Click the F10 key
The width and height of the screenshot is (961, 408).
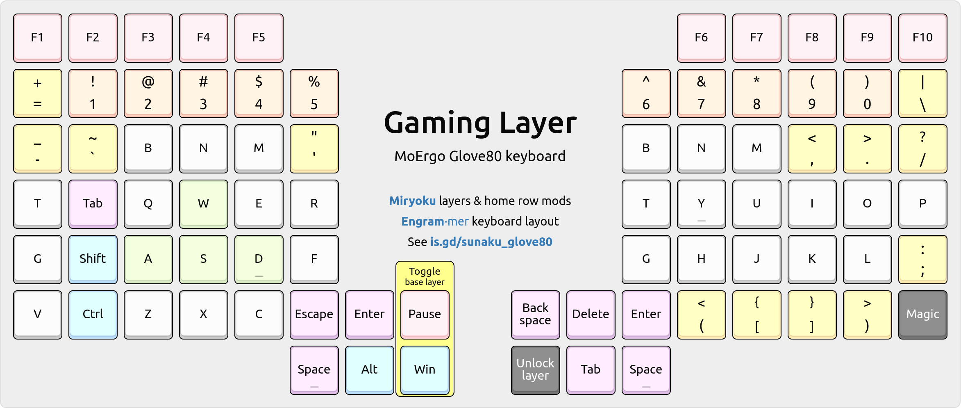[x=922, y=38]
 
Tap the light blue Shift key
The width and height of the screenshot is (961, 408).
[x=93, y=259]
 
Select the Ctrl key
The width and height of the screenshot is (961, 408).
[x=93, y=314]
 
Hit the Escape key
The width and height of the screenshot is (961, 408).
[x=314, y=314]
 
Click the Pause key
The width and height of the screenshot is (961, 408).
[x=425, y=314]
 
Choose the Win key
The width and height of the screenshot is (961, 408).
[x=425, y=369]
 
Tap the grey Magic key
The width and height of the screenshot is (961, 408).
[x=922, y=314]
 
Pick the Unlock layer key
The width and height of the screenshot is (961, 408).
[x=535, y=369]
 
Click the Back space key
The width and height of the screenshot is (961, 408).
[x=535, y=314]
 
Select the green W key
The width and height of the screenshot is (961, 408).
[x=203, y=203]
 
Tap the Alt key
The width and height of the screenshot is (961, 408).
[x=369, y=369]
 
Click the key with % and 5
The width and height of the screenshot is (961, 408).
[x=314, y=93]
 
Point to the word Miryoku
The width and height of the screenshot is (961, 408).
[x=412, y=201]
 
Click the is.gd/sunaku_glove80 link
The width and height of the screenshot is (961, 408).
[x=491, y=242]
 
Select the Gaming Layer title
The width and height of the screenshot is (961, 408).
[x=480, y=123]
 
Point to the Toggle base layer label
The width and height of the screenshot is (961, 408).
[x=425, y=276]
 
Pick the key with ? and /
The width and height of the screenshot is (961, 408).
[x=922, y=148]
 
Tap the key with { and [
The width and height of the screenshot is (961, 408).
[x=757, y=314]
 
